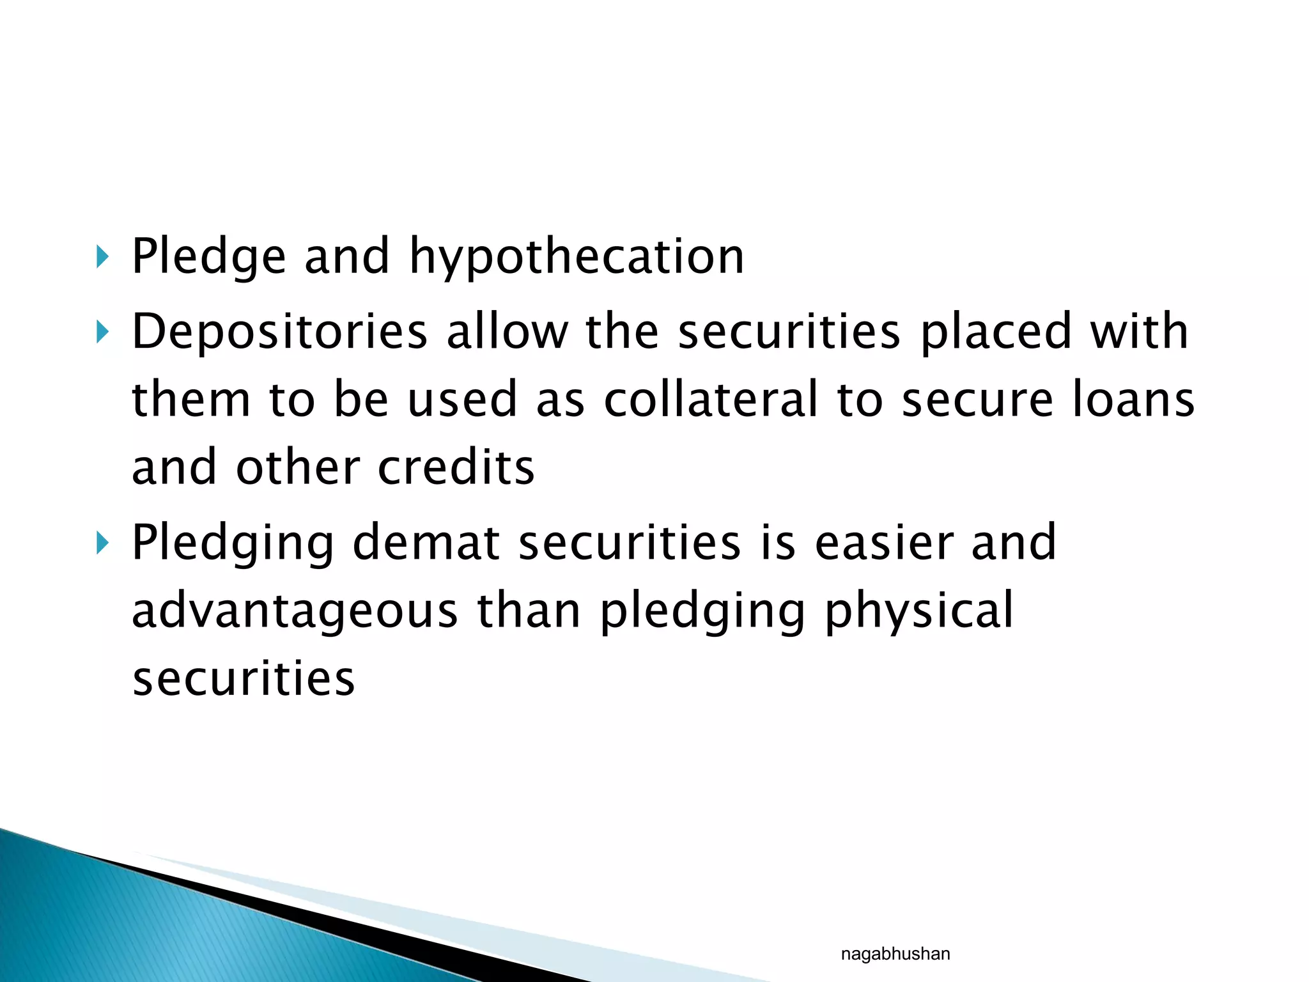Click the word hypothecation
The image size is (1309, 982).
point(577,258)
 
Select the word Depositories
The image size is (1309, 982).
point(279,332)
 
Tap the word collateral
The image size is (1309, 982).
point(711,400)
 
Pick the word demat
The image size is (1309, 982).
point(426,543)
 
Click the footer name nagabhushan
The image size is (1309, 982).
point(895,954)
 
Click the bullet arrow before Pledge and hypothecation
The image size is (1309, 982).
point(102,258)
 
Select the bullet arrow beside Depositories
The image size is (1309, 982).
point(102,332)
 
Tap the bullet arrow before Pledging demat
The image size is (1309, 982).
point(102,543)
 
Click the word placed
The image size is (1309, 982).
point(995,332)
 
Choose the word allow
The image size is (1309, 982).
point(507,332)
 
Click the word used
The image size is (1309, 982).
point(461,400)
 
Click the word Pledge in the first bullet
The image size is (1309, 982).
point(208,258)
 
